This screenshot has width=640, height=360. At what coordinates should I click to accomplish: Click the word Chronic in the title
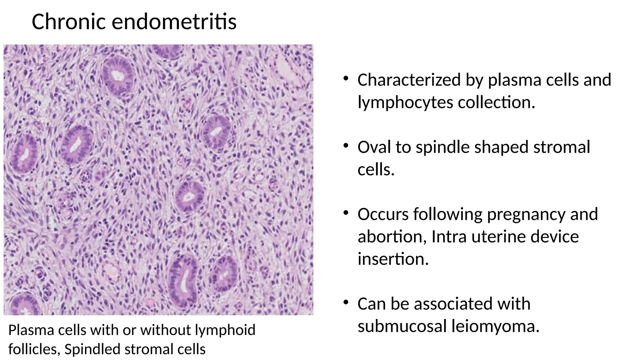tap(68, 22)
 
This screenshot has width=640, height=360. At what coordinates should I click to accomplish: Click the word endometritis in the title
tap(174, 22)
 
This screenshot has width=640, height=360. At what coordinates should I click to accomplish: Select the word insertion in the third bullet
tap(393, 259)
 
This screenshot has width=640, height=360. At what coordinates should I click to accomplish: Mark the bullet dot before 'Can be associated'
tap(345, 302)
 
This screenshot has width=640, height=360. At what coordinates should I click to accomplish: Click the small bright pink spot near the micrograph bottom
tap(151, 302)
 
